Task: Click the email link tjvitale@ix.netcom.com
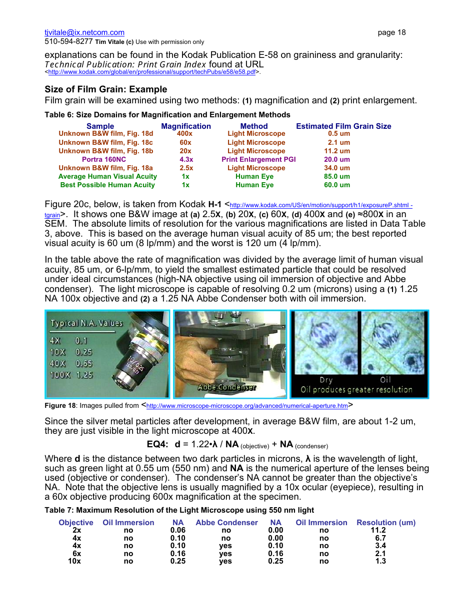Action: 84,32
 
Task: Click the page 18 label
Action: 391,32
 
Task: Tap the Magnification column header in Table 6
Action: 186,126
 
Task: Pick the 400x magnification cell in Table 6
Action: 184,134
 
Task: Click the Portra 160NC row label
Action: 104,159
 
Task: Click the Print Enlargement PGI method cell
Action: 258,159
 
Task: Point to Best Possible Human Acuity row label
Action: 107,185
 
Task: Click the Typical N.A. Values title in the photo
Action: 86,323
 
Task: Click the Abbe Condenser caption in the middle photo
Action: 227,387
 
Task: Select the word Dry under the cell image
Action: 326,380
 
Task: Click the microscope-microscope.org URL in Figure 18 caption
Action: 246,406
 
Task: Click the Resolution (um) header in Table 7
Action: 385,523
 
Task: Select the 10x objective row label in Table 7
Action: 74,561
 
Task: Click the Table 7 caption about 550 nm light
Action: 179,510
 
